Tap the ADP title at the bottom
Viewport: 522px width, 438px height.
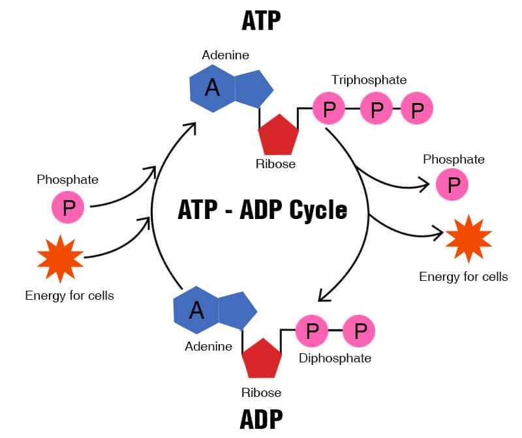(261, 419)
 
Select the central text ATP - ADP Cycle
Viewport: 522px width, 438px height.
(262, 211)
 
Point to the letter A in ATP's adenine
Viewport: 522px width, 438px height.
(212, 88)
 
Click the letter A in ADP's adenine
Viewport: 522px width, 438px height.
(196, 310)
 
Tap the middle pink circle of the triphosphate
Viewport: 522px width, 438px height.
(376, 109)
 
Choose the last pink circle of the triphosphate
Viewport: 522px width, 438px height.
(417, 109)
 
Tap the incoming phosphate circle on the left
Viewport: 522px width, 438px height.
(68, 208)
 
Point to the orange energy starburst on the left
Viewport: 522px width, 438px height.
(61, 259)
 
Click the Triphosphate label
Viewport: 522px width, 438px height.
(369, 80)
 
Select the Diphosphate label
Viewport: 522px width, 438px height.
(335, 358)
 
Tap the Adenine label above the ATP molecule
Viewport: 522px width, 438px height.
(225, 55)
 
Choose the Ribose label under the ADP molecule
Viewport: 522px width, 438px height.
(261, 392)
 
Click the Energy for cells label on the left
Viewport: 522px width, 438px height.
(69, 295)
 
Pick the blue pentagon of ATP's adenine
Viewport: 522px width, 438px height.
(252, 89)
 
